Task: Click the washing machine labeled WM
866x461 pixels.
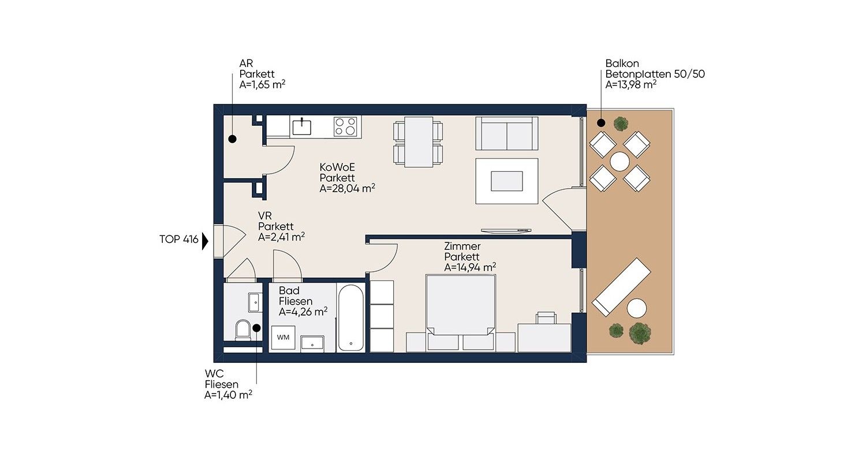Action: [283, 338]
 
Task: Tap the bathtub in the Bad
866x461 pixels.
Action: [350, 318]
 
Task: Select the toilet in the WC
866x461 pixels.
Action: [243, 329]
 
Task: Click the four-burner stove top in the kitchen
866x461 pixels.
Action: [345, 127]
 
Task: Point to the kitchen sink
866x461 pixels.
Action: [301, 127]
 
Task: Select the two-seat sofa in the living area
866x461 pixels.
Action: [506, 133]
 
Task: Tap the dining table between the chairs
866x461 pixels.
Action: [419, 142]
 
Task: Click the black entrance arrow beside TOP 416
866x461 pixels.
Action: [206, 242]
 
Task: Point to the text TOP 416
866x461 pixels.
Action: [178, 239]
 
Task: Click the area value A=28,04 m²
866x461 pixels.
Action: [347, 189]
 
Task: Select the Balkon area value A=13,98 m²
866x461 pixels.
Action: [630, 85]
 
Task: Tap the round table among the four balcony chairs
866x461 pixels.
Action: [619, 161]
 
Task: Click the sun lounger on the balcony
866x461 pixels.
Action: [622, 286]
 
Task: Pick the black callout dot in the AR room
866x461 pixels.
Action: [232, 139]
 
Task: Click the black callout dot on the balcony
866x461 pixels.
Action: [601, 123]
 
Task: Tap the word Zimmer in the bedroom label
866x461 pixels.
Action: [462, 246]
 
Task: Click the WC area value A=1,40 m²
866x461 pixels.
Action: [228, 395]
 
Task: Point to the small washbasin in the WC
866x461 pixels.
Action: [254, 302]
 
